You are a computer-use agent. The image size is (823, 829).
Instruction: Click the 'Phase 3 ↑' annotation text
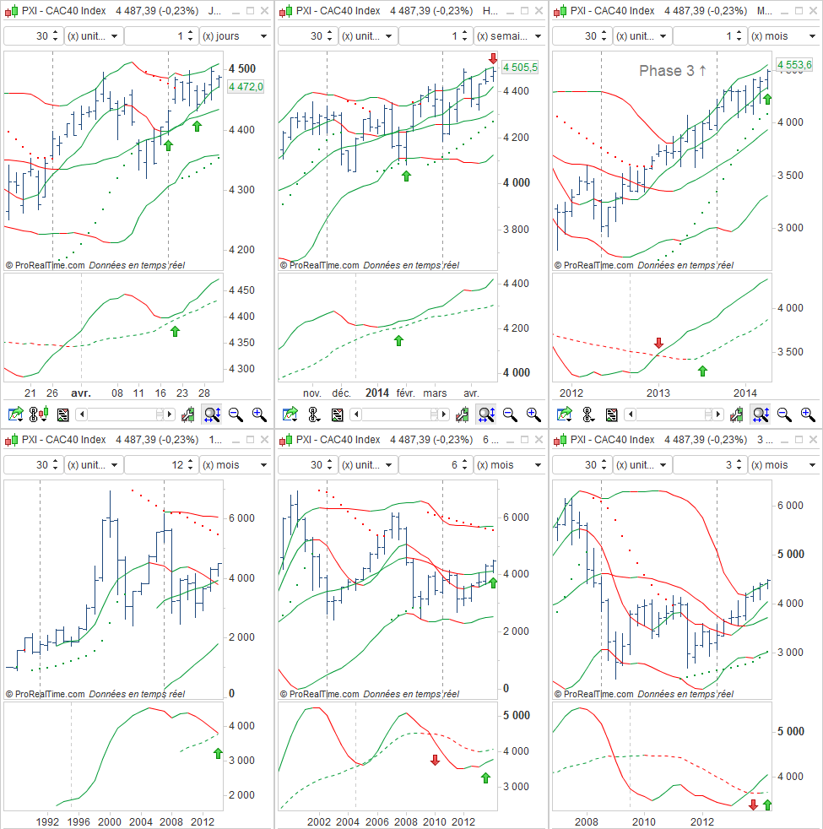click(x=673, y=71)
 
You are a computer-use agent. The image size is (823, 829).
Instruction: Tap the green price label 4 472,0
click(x=246, y=86)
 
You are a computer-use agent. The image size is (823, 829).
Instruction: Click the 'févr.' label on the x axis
click(x=405, y=393)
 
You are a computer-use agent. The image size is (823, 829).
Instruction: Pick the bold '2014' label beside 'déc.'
click(x=376, y=393)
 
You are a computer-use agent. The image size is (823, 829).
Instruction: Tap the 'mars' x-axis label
click(x=436, y=393)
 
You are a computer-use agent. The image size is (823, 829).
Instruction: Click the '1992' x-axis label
click(x=46, y=821)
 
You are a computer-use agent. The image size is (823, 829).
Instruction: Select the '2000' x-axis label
click(x=110, y=821)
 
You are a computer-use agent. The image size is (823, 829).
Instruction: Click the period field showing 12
click(x=160, y=465)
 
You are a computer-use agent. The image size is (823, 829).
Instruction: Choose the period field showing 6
click(x=435, y=465)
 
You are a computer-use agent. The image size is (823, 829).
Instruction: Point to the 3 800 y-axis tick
click(x=517, y=229)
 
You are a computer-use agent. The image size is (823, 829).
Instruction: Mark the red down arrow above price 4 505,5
click(x=493, y=57)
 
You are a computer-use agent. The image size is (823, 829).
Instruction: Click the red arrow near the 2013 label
click(x=659, y=343)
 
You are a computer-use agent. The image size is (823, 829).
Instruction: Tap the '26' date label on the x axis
click(x=52, y=393)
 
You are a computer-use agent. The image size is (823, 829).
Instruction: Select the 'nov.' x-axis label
click(x=312, y=393)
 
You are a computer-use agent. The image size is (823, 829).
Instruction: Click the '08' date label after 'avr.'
click(x=117, y=393)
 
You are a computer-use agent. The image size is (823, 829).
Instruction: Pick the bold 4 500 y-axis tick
click(x=243, y=68)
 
